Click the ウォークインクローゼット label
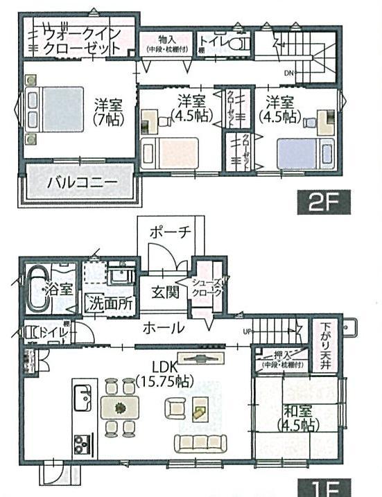pos(83,41)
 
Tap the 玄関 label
pos(163,293)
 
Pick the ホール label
pos(164,328)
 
